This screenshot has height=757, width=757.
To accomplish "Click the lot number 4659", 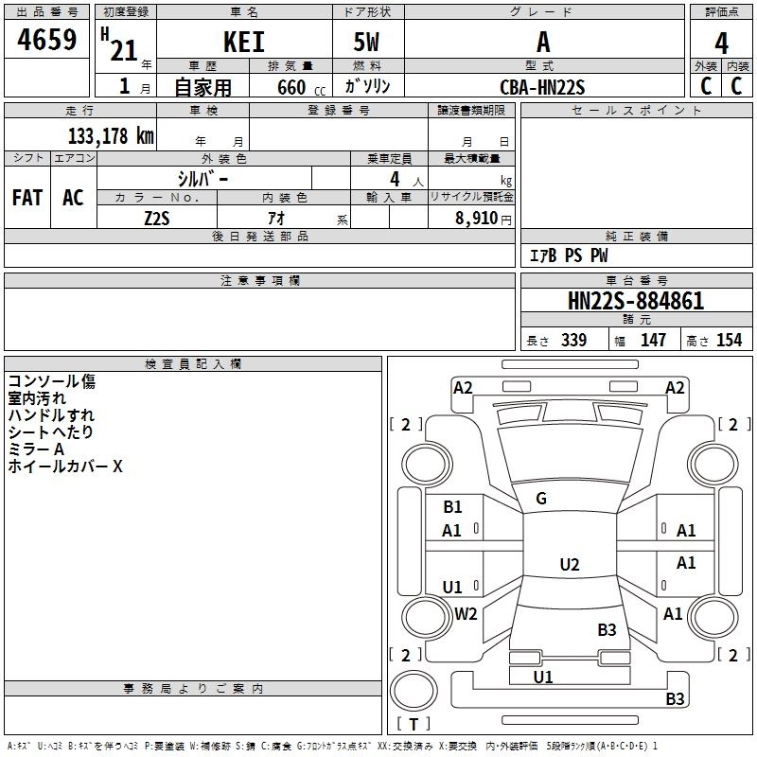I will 47,42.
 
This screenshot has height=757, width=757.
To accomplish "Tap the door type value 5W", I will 367,43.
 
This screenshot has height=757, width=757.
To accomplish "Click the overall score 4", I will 722,44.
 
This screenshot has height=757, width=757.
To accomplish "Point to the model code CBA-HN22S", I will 542,87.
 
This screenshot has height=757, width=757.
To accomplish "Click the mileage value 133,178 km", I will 111,135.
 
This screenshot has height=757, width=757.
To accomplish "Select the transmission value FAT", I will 26,198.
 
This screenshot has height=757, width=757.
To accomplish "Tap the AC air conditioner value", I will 73,198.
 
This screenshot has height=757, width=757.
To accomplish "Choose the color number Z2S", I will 157,218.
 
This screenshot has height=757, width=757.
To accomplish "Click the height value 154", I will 729,341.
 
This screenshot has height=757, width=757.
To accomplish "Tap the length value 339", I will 573,341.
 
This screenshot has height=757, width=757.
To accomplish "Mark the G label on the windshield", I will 541,499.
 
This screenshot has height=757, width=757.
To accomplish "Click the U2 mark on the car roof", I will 569,565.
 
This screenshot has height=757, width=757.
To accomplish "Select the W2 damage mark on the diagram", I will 466,614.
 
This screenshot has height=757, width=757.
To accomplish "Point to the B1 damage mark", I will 452,507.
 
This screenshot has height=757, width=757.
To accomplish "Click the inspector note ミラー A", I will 36,449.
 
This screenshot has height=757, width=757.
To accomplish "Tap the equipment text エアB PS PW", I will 569,255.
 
